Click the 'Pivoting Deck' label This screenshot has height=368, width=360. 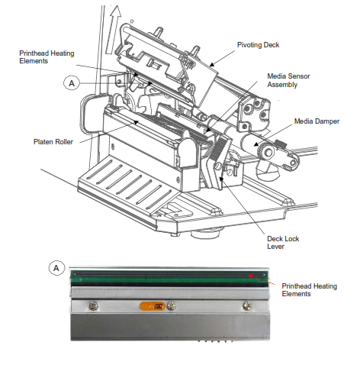tap(258, 45)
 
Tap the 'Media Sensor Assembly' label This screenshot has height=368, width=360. tap(288, 80)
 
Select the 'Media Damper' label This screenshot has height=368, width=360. tap(317, 121)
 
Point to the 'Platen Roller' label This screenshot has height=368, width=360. tap(53, 142)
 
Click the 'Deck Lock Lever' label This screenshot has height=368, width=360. tap(283, 242)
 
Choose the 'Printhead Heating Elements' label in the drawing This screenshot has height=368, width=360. tap(47, 57)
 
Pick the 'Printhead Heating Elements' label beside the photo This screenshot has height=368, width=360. tap(310, 290)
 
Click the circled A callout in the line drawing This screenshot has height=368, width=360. tap(72, 83)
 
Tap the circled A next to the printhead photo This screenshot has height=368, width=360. tap(56, 268)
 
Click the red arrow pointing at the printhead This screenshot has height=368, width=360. tap(262, 279)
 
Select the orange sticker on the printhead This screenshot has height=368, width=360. tap(153, 306)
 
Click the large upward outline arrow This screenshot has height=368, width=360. tap(114, 30)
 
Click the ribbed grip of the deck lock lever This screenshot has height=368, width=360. tap(218, 149)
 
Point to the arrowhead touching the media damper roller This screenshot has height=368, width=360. tap(256, 144)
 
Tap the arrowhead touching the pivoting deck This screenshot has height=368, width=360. tap(212, 64)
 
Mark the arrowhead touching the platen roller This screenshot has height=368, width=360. tap(136, 122)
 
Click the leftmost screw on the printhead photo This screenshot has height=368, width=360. tap(94, 306)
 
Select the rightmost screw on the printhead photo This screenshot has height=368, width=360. tap(247, 305)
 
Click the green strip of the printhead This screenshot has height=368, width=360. tap(169, 278)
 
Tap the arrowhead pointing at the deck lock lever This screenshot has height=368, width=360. tap(221, 179)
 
